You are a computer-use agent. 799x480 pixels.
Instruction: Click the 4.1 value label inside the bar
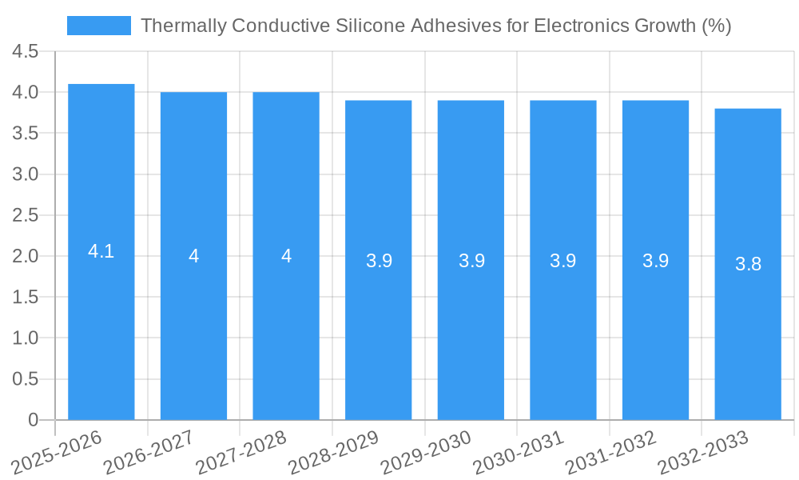[x=101, y=251]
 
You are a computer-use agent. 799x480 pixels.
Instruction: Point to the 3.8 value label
[x=748, y=264]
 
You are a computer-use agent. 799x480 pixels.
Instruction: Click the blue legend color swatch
[x=98, y=26]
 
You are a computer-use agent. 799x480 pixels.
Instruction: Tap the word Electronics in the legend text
[x=579, y=26]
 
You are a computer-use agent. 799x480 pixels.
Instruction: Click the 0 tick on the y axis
[x=33, y=419]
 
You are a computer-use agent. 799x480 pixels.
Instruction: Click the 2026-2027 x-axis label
[x=147, y=453]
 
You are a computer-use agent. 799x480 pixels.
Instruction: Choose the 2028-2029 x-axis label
[x=332, y=453]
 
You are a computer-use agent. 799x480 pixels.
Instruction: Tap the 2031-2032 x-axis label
[x=610, y=453]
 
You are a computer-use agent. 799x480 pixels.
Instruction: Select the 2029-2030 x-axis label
[x=425, y=453]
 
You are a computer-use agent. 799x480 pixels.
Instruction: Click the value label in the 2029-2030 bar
[x=471, y=261]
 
